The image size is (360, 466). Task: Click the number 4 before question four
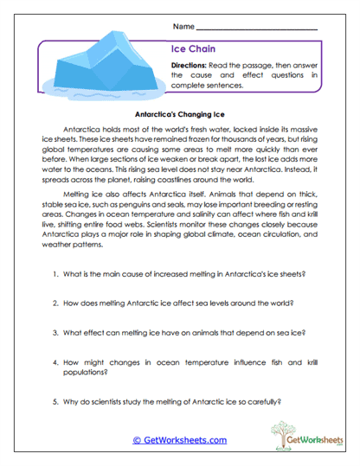54,360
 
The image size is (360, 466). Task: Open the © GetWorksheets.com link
180,439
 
